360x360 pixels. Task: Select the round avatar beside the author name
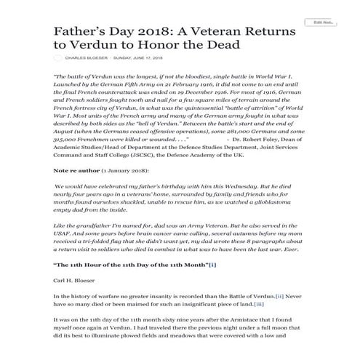[58, 57]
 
